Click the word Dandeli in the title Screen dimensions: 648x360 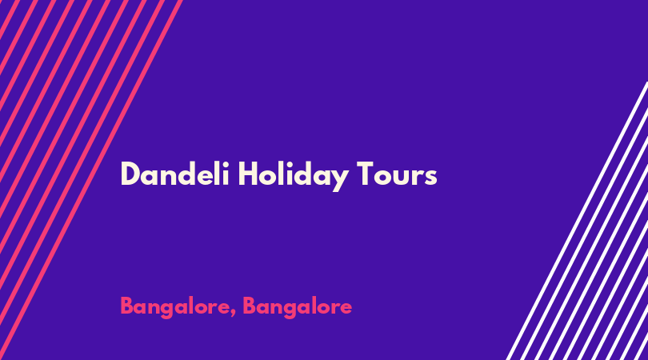point(175,174)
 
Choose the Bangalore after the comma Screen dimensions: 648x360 point(297,307)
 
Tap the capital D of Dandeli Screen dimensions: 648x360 point(130,174)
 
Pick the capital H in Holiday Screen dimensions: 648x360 point(248,174)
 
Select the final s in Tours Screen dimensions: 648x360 point(430,177)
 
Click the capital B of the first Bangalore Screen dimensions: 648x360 point(127,306)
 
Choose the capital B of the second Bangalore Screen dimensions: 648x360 point(249,306)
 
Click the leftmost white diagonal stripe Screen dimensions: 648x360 point(577,221)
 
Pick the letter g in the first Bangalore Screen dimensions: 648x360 point(170,310)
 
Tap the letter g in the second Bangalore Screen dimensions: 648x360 point(292,310)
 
